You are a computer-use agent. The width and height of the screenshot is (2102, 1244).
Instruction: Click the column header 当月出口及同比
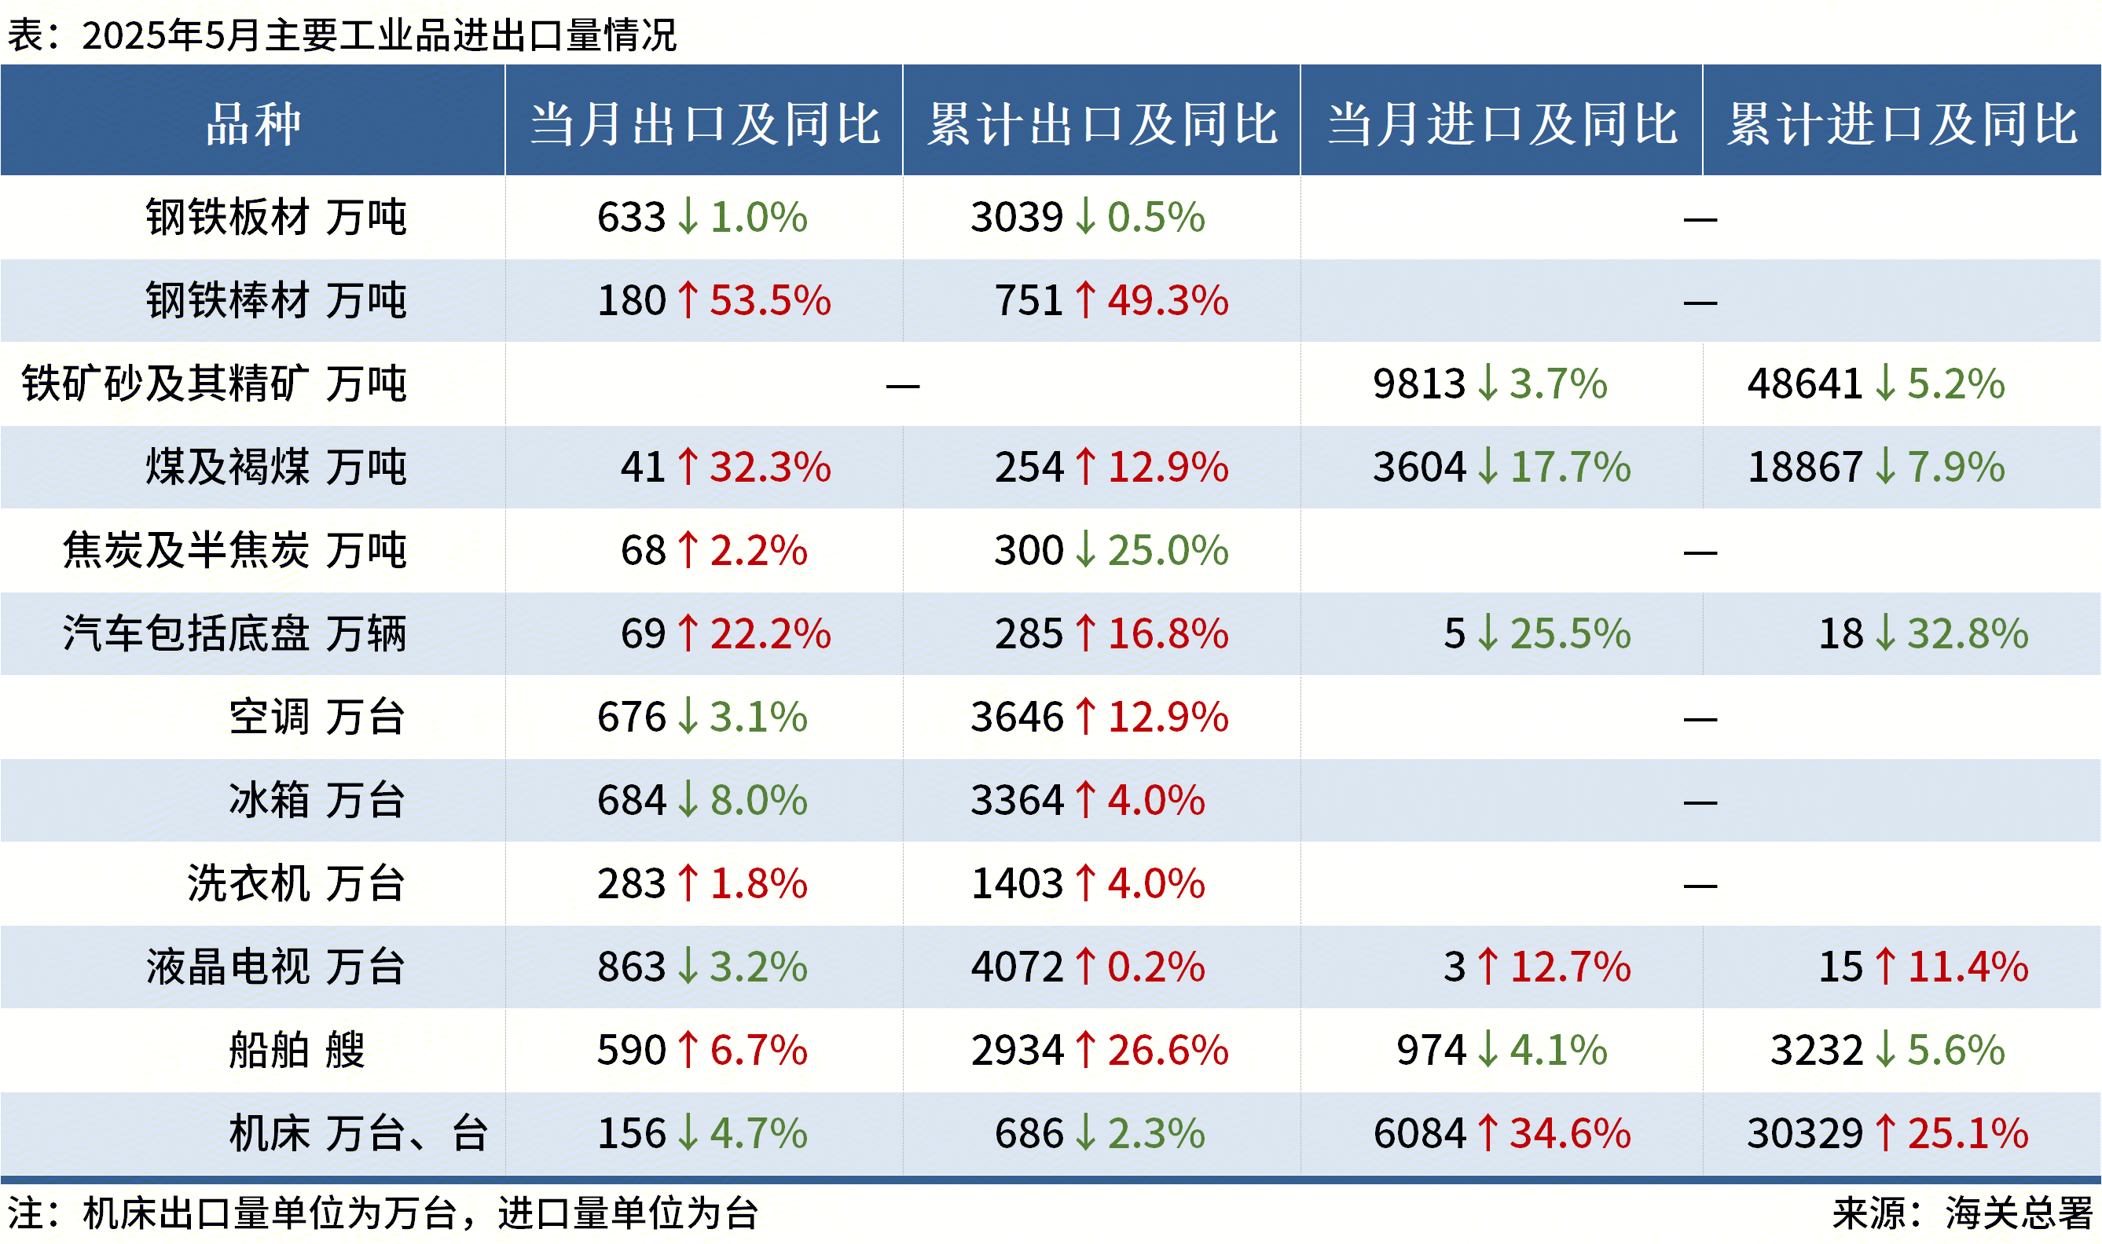click(x=704, y=124)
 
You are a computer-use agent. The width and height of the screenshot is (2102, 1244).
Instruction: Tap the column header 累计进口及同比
click(x=1902, y=124)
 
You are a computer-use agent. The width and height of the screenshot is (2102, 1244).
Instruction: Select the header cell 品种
click(x=252, y=124)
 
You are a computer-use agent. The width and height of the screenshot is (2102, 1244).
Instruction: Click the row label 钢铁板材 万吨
click(x=276, y=217)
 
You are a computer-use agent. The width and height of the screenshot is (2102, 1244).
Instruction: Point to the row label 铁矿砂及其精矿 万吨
click(x=214, y=384)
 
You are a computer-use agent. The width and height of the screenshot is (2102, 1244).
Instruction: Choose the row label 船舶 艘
click(x=297, y=1050)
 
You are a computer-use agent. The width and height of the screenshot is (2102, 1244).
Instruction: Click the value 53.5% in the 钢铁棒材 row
click(x=770, y=300)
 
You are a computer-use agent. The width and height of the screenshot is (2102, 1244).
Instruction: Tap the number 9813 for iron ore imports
click(x=1419, y=384)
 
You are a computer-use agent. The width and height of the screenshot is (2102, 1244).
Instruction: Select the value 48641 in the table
click(x=1804, y=384)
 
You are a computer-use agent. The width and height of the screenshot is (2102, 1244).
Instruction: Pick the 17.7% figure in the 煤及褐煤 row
click(x=1570, y=467)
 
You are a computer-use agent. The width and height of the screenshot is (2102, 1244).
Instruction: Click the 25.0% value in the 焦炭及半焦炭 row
click(x=1168, y=550)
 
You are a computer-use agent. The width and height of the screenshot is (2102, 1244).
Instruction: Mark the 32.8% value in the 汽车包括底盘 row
click(x=1967, y=633)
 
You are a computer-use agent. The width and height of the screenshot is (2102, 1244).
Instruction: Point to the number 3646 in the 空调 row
click(x=1017, y=717)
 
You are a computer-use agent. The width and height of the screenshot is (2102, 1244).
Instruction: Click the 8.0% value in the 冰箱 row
click(x=758, y=800)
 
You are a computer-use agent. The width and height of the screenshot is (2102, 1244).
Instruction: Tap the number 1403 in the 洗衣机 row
click(x=1017, y=883)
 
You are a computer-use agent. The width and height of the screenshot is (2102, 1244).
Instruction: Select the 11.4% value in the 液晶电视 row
click(x=1967, y=967)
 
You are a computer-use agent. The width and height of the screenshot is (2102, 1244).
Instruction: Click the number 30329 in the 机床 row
click(x=1804, y=1133)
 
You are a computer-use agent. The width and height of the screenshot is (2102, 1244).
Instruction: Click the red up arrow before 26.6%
click(x=1085, y=1050)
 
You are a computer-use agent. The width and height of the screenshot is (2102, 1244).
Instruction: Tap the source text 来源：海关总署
click(x=1962, y=1213)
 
